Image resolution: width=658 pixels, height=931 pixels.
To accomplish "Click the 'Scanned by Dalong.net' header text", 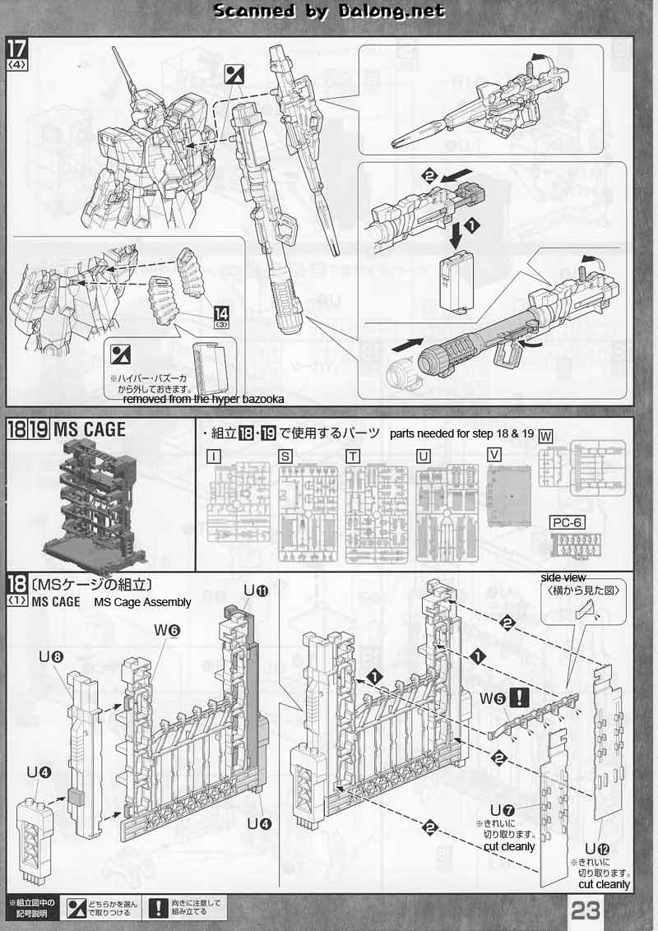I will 329,12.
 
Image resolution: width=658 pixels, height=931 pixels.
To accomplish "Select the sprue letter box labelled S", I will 285,455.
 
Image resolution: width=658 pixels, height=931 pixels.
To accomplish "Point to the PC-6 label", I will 566,522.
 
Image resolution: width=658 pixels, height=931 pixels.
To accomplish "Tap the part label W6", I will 170,629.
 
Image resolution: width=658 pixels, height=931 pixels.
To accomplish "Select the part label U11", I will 256,591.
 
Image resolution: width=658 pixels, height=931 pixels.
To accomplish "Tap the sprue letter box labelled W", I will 545,436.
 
